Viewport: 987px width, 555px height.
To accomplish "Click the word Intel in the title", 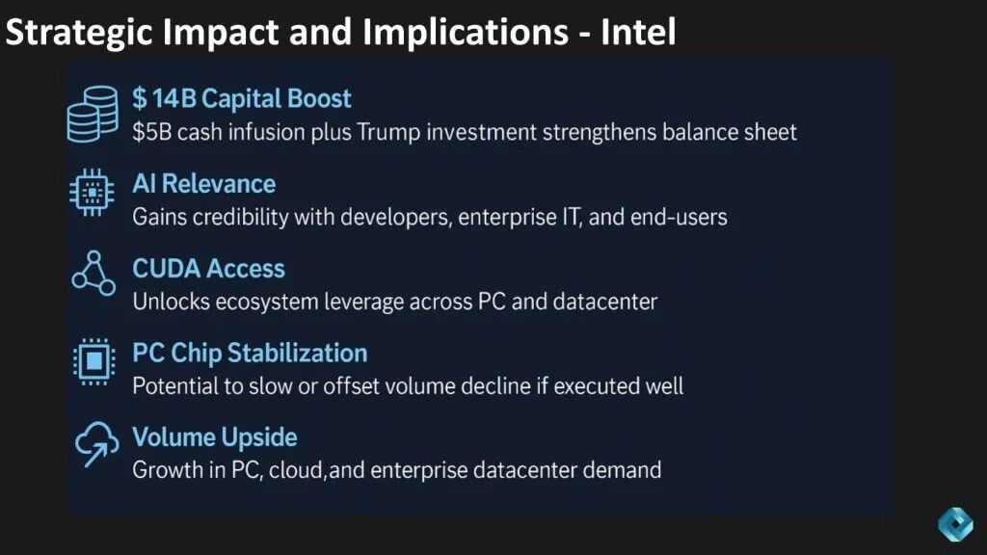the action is [x=638, y=32].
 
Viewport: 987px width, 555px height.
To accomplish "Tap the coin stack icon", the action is [x=93, y=114].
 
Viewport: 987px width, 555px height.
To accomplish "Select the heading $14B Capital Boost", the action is [x=242, y=99].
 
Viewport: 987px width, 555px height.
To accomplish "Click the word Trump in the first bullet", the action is [x=387, y=132].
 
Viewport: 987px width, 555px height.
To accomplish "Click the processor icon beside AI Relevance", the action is [x=92, y=193].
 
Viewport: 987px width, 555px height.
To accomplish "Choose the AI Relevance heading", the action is [x=204, y=184].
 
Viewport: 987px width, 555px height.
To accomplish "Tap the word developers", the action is [x=396, y=217].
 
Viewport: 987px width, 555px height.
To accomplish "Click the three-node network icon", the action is [x=93, y=274].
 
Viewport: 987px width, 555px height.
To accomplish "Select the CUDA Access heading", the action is [x=208, y=269].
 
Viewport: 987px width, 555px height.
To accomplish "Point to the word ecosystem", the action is [x=267, y=302].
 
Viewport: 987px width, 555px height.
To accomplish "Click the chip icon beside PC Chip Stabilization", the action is [x=93, y=361].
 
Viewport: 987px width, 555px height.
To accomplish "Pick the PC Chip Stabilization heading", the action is [x=250, y=353].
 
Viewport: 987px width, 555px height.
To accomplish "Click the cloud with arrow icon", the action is [x=96, y=444].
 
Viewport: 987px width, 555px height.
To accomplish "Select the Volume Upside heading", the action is [x=215, y=437].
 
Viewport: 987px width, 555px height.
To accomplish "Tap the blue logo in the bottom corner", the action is [x=955, y=524].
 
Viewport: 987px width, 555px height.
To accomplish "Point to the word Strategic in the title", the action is [x=79, y=33].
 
